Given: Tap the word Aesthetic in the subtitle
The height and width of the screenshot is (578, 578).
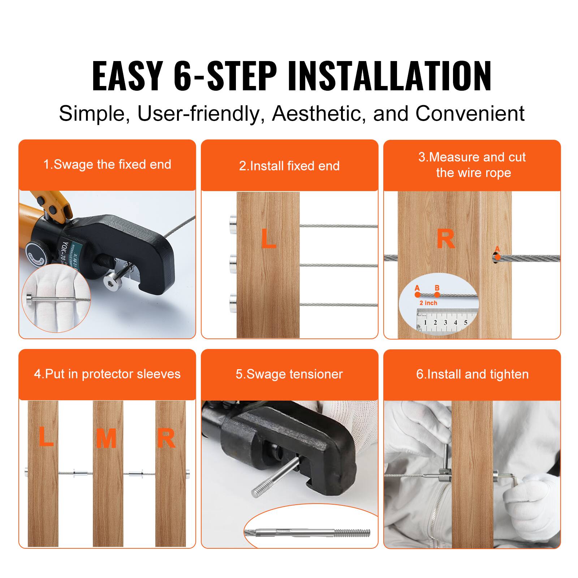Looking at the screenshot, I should point(316,113).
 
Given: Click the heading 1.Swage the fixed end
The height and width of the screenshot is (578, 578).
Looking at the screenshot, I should point(107,165).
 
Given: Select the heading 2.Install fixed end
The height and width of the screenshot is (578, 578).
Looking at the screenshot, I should point(289,166).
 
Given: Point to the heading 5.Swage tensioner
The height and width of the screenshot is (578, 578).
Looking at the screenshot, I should point(289,374).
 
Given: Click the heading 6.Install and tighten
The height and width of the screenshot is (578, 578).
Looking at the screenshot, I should point(472,374).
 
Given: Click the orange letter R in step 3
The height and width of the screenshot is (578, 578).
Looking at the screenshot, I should point(445,239).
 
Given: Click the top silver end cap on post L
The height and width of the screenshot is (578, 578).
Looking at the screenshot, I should point(233,224).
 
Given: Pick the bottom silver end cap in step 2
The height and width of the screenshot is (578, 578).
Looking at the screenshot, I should point(233,303).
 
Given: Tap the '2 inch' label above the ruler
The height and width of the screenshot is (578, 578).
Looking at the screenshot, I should point(428,303).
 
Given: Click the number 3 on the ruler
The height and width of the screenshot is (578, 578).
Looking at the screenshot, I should point(445,323).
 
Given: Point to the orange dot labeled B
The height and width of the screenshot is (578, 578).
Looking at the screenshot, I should point(437,295).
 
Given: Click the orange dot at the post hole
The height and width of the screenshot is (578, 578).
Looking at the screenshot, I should point(497,257).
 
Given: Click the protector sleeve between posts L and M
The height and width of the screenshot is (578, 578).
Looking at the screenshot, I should point(80,473).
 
